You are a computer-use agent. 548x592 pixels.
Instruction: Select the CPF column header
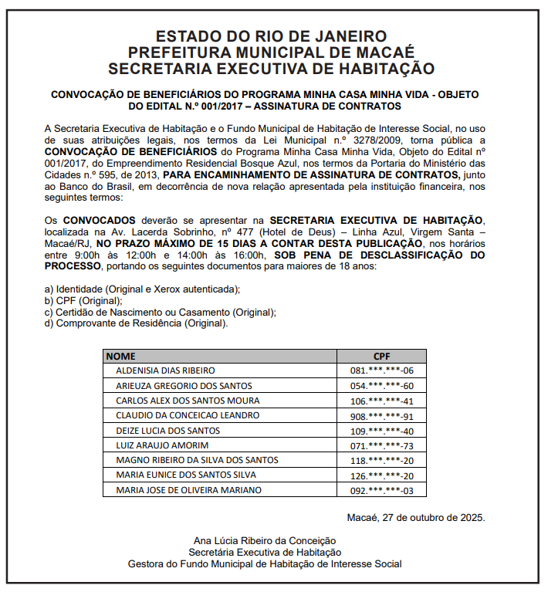(382, 357)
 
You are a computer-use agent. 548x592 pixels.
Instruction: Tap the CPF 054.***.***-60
(382, 386)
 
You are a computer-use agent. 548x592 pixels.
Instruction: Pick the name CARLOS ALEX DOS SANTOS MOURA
(188, 401)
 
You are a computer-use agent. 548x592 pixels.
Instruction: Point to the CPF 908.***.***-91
(382, 415)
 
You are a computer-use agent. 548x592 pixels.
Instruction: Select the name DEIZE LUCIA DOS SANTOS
(167, 431)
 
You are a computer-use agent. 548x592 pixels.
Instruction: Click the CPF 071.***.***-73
(382, 445)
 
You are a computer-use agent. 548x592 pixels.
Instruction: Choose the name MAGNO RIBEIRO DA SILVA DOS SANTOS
(197, 460)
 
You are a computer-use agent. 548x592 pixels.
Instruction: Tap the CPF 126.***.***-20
(382, 475)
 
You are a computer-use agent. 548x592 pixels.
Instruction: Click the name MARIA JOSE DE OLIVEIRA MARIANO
(188, 490)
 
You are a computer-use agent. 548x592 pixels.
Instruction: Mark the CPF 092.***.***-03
(382, 490)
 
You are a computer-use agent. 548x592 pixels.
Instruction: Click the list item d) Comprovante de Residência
(137, 323)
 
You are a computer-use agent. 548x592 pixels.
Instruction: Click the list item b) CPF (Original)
(83, 300)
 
